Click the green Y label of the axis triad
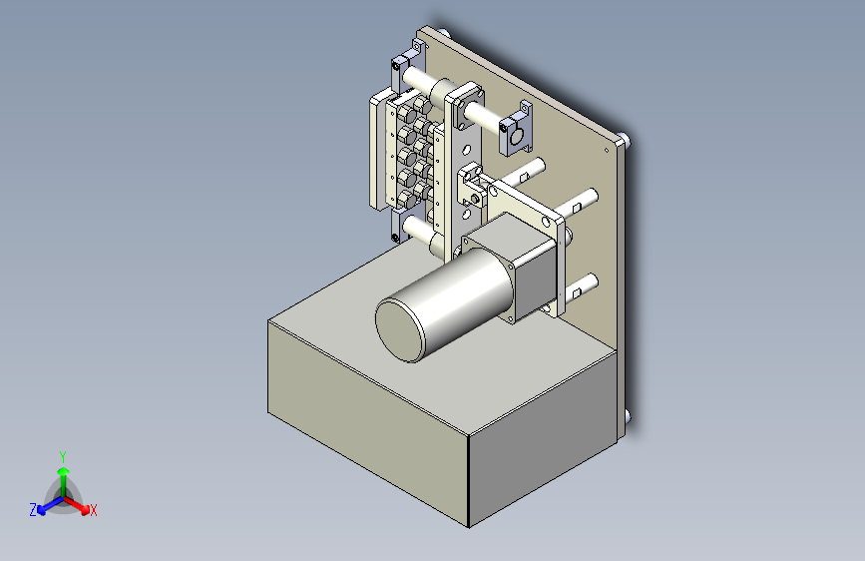tap(63, 457)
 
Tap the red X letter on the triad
tap(93, 511)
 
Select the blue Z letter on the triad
tap(33, 510)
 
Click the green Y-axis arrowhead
tap(64, 472)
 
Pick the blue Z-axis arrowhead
tap(41, 510)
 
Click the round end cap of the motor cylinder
tap(400, 330)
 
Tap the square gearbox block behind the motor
tap(519, 266)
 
